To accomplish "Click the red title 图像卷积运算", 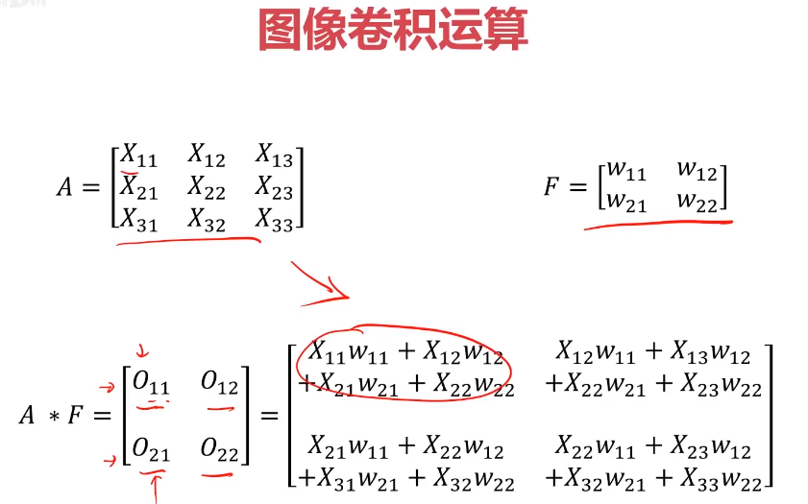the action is click(393, 30).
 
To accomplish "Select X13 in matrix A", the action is click(274, 155).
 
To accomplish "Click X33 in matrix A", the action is click(274, 220).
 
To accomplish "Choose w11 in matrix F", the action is click(622, 171).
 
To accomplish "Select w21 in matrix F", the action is click(622, 201).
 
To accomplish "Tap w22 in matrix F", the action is click(698, 201).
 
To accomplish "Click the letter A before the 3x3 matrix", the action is click(64, 187).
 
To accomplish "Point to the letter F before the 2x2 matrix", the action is click(551, 186).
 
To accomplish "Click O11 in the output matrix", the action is click(151, 384).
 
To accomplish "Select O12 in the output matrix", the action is click(219, 384).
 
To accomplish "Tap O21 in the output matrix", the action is click(151, 448).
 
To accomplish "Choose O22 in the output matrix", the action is click(219, 448).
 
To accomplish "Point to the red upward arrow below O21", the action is click(154, 488).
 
